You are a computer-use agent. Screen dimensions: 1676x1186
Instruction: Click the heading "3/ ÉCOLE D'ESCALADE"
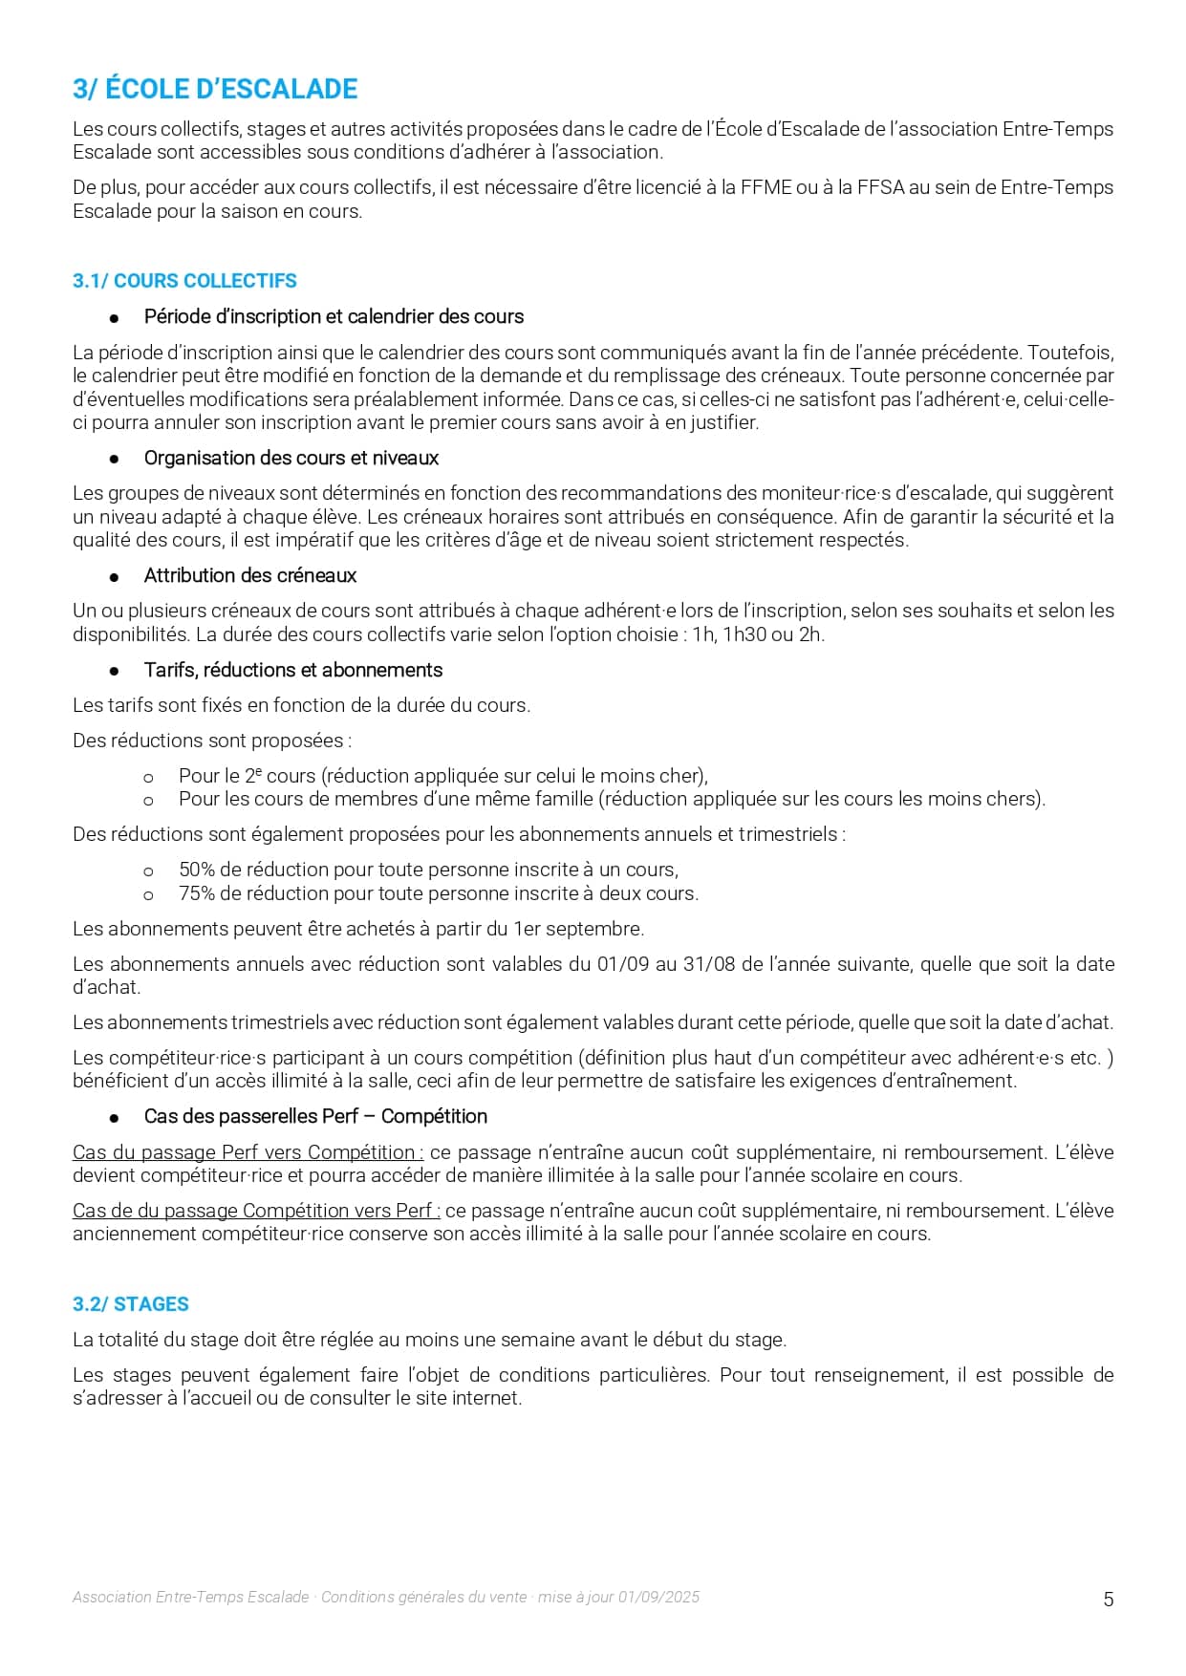click(215, 89)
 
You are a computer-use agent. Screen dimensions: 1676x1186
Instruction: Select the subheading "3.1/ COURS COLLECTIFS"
click(184, 281)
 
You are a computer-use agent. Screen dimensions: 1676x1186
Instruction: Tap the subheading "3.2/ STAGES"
click(131, 1304)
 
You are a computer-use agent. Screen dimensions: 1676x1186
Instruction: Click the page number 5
click(1109, 1600)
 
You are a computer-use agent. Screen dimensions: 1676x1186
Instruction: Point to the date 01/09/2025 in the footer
click(658, 1597)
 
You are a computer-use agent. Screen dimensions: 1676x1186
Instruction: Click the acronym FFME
click(766, 187)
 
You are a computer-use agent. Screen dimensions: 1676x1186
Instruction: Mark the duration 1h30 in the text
click(746, 634)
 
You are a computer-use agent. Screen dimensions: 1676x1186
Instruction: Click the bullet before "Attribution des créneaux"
click(115, 576)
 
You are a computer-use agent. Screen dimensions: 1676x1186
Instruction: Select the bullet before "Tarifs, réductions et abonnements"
click(115, 671)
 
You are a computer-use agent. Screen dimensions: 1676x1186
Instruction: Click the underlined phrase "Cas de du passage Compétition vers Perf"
click(255, 1211)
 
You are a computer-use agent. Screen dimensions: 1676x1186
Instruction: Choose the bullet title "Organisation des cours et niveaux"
click(291, 458)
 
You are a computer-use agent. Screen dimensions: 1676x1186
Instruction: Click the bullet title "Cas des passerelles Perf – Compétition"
click(315, 1116)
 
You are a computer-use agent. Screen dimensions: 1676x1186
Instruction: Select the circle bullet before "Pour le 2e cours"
click(148, 777)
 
